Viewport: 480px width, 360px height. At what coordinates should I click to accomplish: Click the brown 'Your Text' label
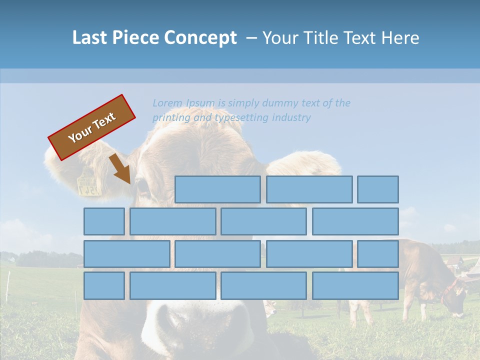(92, 127)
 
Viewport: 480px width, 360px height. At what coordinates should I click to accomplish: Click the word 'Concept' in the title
(201, 38)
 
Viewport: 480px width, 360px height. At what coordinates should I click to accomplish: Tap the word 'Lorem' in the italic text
(167, 103)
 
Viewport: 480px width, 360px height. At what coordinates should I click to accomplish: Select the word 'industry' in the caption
(291, 117)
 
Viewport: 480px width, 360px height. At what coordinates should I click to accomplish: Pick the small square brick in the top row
(378, 189)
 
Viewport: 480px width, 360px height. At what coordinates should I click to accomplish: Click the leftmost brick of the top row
(217, 189)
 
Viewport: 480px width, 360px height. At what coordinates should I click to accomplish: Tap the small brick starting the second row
(104, 221)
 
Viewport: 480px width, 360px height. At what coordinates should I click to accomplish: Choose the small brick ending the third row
(378, 254)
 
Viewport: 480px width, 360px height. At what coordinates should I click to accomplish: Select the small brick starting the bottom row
(104, 286)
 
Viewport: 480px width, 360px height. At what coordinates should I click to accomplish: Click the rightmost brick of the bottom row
(355, 286)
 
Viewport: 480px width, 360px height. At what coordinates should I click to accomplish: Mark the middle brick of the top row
(309, 189)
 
